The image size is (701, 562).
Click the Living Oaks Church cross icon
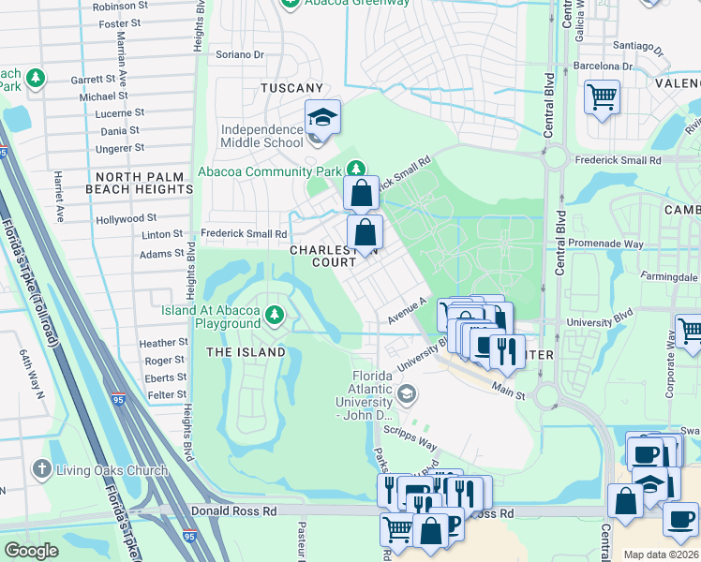tap(41, 468)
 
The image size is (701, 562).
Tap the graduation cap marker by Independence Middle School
tap(322, 119)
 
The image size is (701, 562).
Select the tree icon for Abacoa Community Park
tap(355, 170)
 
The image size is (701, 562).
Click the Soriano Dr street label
tap(240, 54)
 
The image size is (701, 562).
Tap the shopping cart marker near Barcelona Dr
tap(602, 96)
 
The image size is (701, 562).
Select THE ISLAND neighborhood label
tap(246, 352)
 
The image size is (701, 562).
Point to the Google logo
tap(32, 551)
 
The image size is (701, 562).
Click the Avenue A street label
tap(408, 313)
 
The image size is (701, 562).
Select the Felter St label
tap(167, 395)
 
